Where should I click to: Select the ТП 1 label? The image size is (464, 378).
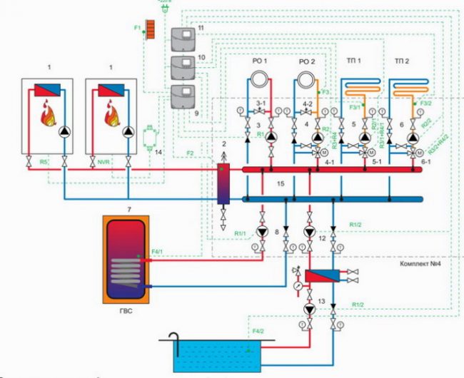click(353, 61)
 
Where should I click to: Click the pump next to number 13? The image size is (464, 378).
click(308, 310)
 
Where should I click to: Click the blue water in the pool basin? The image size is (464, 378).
click(214, 357)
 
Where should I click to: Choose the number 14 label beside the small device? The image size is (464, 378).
click(159, 152)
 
